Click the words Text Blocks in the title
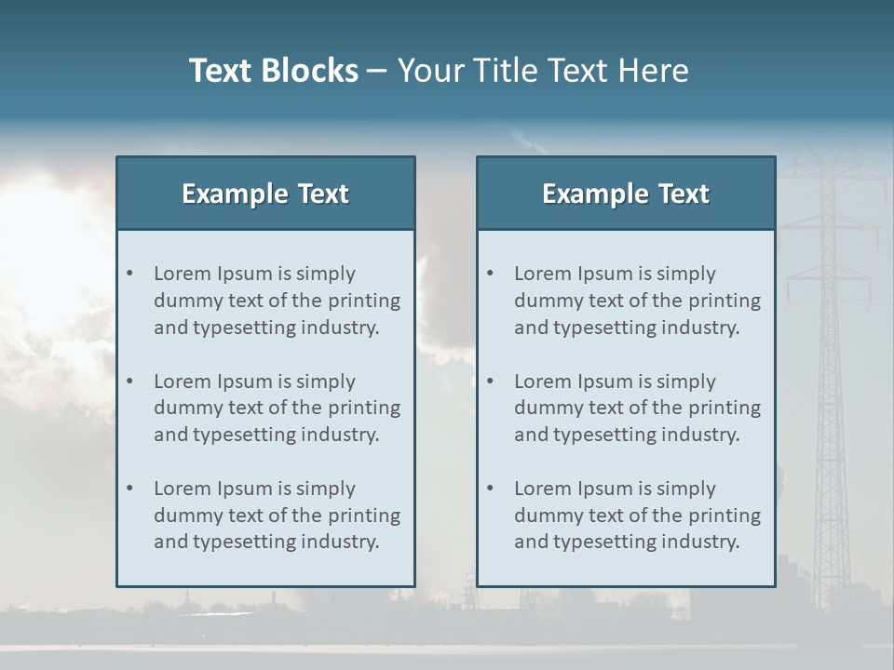point(273,71)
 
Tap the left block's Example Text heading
point(265,194)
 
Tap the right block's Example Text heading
point(626,194)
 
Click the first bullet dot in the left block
point(129,274)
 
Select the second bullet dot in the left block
point(129,382)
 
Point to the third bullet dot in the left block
point(129,489)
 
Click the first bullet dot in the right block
point(490,274)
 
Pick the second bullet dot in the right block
point(490,382)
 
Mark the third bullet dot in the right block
point(490,489)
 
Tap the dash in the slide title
point(377,71)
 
